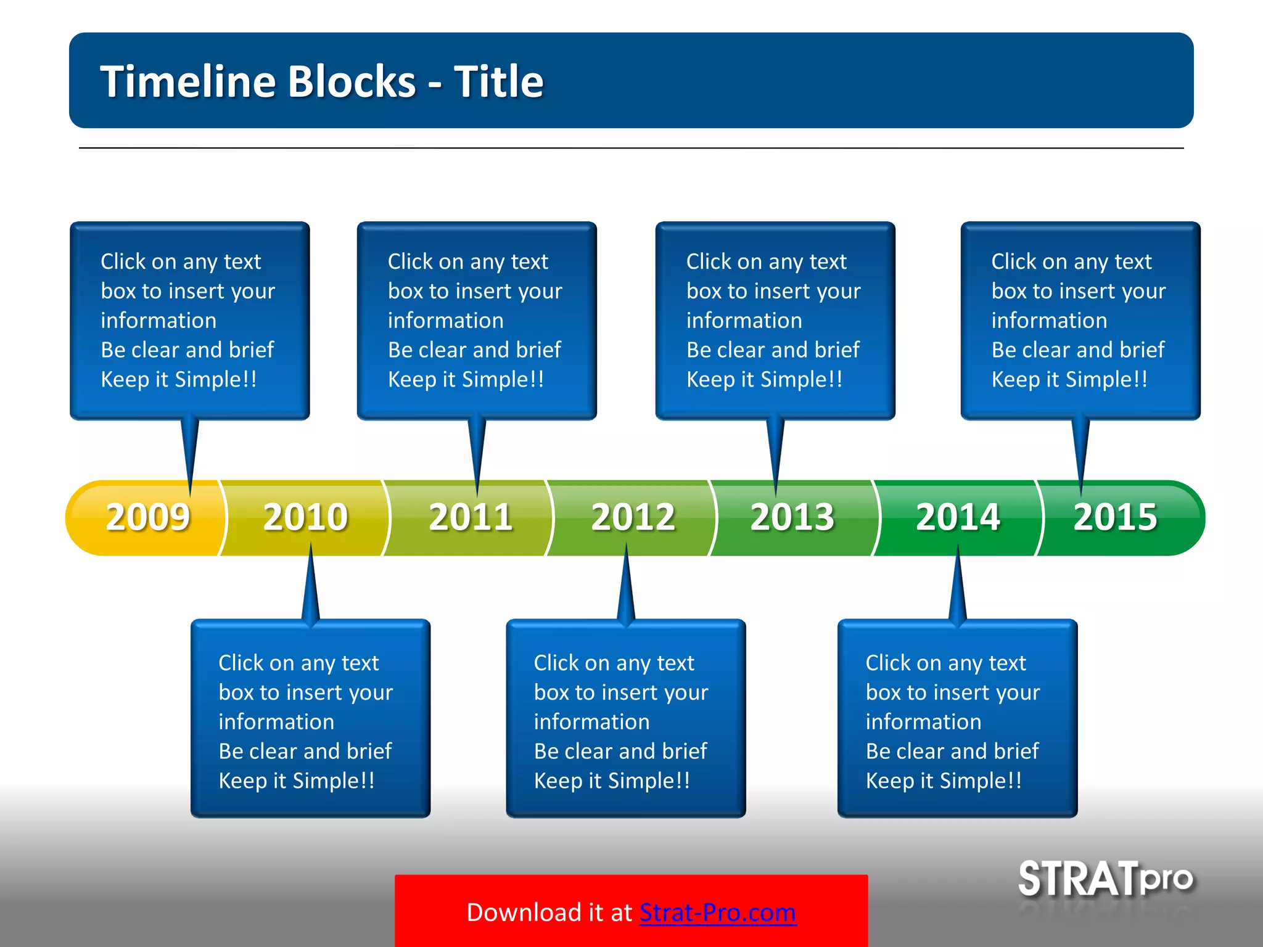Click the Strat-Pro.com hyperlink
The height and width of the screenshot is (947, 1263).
[x=717, y=912]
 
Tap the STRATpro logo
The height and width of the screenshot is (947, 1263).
[x=1105, y=879]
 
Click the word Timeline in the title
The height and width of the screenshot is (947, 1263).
[x=188, y=81]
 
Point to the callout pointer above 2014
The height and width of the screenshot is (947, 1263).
[x=958, y=586]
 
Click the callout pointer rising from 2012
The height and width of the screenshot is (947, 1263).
[x=626, y=586]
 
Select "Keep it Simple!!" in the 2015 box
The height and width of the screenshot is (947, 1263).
[x=1069, y=379]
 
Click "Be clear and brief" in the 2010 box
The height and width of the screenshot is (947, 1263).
[x=305, y=751]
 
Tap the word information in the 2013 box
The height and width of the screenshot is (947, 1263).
[x=744, y=321]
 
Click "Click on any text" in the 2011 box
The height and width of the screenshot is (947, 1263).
[x=467, y=261]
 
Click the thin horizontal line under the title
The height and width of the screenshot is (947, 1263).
[x=631, y=148]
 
